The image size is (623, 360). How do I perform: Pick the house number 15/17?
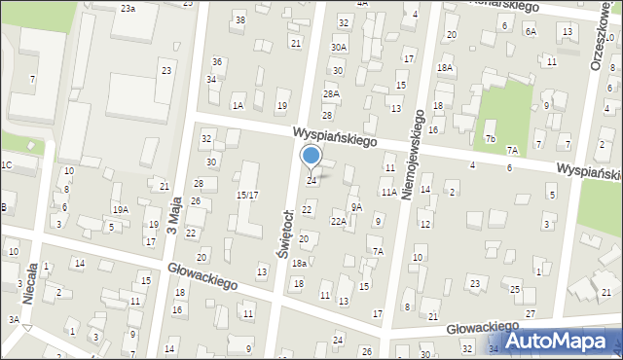pyautogui.click(x=248, y=195)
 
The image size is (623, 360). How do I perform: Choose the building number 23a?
pyautogui.click(x=128, y=8)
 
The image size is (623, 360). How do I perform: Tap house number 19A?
pyautogui.click(x=120, y=209)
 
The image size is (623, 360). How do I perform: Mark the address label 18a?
pyautogui.click(x=301, y=263)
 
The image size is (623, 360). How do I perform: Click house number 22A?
pyautogui.click(x=338, y=221)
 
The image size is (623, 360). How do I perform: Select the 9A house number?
pyautogui.click(x=357, y=206)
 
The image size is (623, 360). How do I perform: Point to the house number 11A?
pyautogui.click(x=388, y=193)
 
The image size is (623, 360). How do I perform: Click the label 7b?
pyautogui.click(x=492, y=139)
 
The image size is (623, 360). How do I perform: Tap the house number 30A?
pyautogui.click(x=338, y=47)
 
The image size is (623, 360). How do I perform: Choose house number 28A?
pyautogui.click(x=331, y=93)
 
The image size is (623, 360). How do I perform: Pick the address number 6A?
pyautogui.click(x=531, y=31)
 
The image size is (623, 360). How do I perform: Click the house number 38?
pyautogui.click(x=240, y=19)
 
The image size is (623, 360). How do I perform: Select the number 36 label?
pyautogui.click(x=218, y=61)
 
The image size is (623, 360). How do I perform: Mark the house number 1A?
pyautogui.click(x=238, y=105)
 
